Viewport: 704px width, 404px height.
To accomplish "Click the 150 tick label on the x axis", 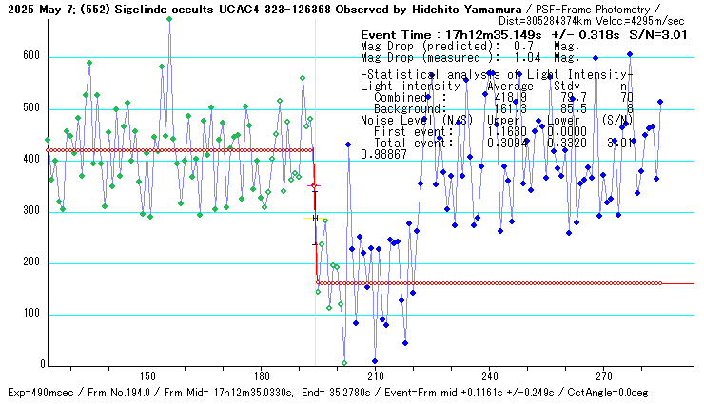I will (x=147, y=375).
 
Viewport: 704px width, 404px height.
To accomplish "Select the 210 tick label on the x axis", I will (x=375, y=375).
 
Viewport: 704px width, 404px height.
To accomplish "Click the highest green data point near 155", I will (x=169, y=18).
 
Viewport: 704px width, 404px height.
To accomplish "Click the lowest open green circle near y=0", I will (x=344, y=363).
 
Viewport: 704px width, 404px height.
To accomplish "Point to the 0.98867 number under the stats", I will (x=383, y=154).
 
